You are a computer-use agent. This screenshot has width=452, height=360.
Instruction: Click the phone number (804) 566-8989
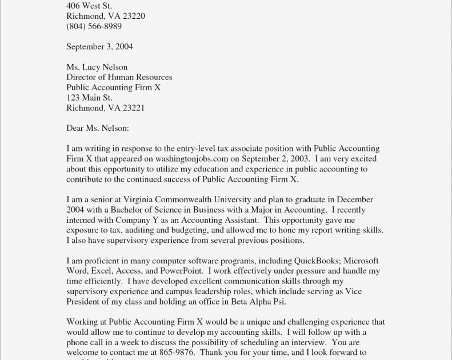point(94,26)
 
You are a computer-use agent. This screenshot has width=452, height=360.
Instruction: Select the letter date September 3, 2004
point(99,46)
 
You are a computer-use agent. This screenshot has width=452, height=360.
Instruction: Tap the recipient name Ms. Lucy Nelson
point(97,67)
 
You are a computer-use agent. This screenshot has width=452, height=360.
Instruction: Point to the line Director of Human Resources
point(119,77)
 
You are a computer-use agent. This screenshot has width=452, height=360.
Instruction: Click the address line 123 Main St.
point(89,98)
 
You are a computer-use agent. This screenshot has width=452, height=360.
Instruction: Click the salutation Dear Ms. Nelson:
point(97,128)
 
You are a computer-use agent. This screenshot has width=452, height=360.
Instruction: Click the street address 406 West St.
point(89,6)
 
